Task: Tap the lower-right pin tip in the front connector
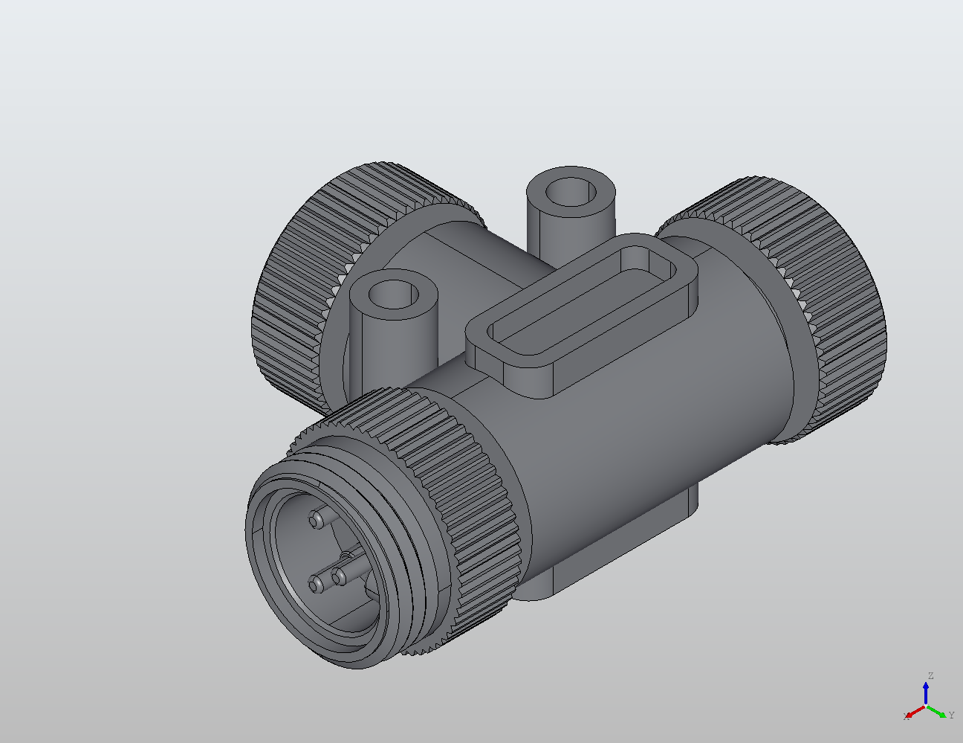coord(338,575)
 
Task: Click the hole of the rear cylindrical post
coord(571,192)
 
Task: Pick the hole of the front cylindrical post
coord(393,295)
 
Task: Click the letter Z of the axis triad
coord(930,676)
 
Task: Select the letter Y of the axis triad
coord(952,715)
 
